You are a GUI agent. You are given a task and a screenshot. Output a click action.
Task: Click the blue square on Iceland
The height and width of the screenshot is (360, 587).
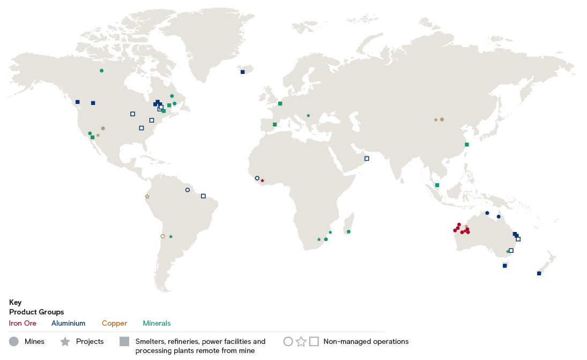click(242, 72)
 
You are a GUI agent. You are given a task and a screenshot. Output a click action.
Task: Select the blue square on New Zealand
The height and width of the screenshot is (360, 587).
click(539, 273)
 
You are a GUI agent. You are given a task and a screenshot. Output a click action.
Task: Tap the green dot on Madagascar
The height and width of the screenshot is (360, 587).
click(348, 232)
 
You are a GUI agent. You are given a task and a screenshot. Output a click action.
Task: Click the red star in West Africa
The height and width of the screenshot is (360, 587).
click(262, 181)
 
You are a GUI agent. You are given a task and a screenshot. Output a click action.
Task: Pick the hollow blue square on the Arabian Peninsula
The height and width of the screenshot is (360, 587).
click(367, 159)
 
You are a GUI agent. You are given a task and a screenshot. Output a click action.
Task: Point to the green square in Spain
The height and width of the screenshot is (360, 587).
click(274, 125)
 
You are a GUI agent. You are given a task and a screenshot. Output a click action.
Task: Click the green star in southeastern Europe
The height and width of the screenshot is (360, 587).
click(308, 115)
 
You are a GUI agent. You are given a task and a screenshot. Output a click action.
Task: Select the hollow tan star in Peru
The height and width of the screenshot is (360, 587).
click(147, 197)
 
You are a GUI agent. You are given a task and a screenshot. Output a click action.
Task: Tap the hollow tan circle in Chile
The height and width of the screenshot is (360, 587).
click(162, 236)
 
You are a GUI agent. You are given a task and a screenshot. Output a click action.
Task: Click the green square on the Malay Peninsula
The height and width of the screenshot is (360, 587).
click(437, 185)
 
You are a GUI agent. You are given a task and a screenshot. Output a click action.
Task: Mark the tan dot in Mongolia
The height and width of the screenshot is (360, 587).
click(442, 119)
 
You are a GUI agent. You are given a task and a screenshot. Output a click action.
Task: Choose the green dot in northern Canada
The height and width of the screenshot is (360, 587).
click(101, 71)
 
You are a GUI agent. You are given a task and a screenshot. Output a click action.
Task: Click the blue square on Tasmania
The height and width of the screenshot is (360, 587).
click(504, 266)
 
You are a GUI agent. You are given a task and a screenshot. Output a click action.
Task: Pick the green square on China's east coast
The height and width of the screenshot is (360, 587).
click(466, 145)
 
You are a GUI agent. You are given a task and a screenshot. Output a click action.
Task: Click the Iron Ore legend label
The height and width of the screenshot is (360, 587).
click(23, 323)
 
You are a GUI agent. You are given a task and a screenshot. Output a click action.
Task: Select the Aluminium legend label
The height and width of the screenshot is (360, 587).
click(68, 323)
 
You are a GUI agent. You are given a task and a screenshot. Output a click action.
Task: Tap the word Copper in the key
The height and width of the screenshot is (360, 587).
click(114, 323)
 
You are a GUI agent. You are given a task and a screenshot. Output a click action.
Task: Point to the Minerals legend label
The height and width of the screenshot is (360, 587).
click(157, 323)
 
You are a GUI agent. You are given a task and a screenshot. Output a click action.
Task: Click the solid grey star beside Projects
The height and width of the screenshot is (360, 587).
click(65, 341)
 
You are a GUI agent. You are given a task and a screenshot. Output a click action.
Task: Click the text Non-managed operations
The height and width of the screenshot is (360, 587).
click(366, 341)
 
